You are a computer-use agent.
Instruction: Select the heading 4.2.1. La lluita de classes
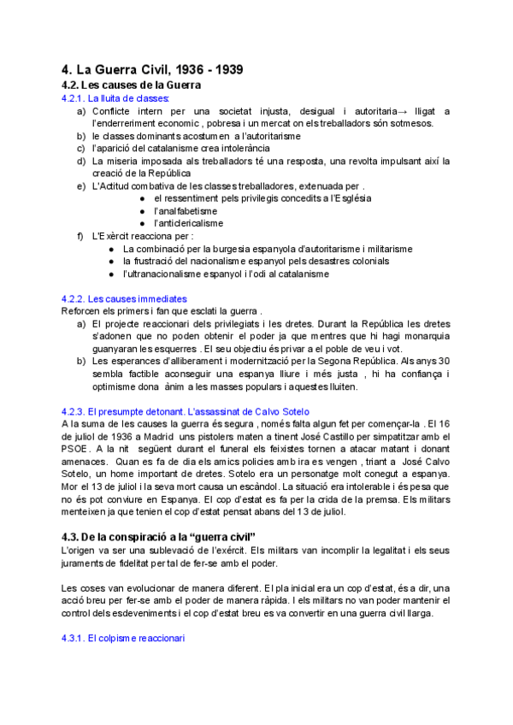pyautogui.click(x=115, y=99)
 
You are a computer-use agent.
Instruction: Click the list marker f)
pyautogui.click(x=81, y=236)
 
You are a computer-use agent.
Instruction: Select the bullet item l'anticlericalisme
pyautogui.click(x=188, y=223)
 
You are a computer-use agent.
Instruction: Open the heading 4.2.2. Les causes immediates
pyautogui.click(x=124, y=298)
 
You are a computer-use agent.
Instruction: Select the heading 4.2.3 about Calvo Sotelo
pyautogui.click(x=186, y=411)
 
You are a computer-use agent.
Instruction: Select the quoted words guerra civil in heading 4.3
pyautogui.click(x=204, y=536)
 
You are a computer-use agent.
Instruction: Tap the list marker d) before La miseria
pyautogui.click(x=81, y=161)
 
